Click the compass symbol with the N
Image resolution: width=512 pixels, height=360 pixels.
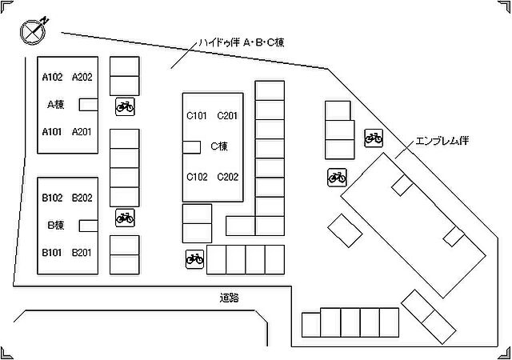(x=33, y=31)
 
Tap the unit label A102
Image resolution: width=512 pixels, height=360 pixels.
(x=52, y=77)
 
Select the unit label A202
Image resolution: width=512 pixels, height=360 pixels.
(x=82, y=77)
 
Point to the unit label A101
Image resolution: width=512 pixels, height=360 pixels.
(x=52, y=132)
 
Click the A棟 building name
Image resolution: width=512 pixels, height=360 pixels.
(x=56, y=105)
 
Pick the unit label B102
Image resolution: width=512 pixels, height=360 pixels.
(x=52, y=198)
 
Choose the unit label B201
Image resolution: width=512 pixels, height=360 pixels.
(x=82, y=253)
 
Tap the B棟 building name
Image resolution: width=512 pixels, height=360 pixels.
(x=56, y=225)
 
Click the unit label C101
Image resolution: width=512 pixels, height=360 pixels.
(x=197, y=116)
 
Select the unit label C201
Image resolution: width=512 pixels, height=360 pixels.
(x=227, y=116)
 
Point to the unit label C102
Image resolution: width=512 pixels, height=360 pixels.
(x=197, y=177)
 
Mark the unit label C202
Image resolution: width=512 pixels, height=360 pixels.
(x=227, y=177)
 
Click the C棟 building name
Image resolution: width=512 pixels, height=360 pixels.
(x=219, y=146)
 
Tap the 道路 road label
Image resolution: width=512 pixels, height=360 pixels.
(x=230, y=298)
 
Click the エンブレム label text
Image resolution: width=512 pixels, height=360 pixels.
(x=437, y=141)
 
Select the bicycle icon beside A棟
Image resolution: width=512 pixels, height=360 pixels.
(x=125, y=106)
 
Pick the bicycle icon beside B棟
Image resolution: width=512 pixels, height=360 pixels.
(x=125, y=218)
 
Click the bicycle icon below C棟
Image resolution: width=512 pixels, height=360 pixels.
(x=195, y=259)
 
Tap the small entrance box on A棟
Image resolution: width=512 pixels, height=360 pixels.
(x=89, y=105)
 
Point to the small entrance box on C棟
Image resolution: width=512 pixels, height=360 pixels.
(x=191, y=147)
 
